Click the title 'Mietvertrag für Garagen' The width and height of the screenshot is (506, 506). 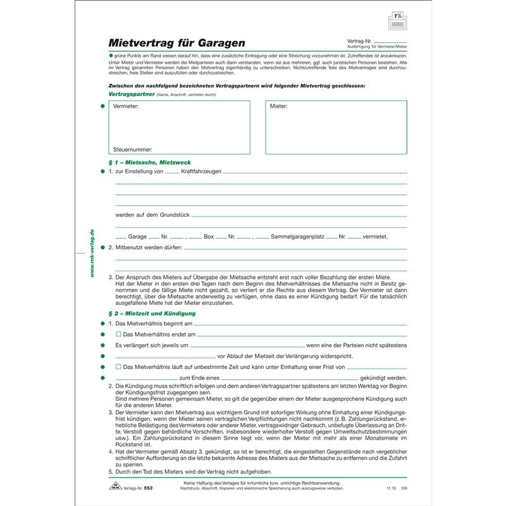[178, 44]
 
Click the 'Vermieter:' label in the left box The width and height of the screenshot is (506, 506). [126, 107]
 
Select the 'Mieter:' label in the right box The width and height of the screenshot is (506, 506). [279, 107]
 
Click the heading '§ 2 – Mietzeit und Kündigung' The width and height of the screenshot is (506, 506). [152, 313]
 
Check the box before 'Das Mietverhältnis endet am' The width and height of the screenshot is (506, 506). [118, 333]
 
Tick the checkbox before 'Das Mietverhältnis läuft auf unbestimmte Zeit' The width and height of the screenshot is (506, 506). [118, 366]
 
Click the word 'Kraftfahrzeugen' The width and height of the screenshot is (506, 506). [201, 172]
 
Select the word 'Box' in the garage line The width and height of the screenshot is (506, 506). [209, 237]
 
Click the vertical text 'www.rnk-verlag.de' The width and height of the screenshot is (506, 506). [92, 253]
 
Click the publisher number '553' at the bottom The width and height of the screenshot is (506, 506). [149, 489]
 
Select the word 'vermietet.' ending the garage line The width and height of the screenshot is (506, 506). [376, 237]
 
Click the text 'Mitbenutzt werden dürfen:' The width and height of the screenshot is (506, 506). [149, 247]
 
